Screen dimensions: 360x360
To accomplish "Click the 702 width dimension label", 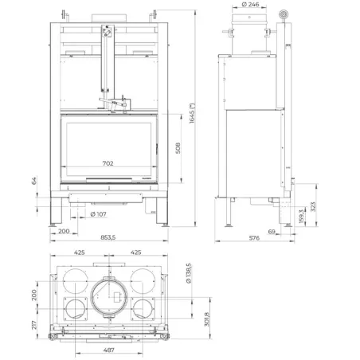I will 108,163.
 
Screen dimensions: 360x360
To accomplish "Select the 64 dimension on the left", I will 34,181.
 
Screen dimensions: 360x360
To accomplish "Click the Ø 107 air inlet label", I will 99,214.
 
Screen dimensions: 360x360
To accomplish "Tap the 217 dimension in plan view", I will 34,323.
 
